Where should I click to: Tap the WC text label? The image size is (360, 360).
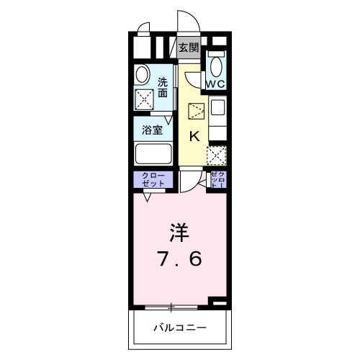click(216, 84)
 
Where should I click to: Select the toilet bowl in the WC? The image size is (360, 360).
click(217, 66)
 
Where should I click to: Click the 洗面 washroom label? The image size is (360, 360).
click(163, 87)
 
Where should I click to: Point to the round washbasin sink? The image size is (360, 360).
click(141, 73)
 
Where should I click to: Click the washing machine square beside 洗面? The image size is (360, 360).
click(143, 99)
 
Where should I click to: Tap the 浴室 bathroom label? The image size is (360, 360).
click(151, 131)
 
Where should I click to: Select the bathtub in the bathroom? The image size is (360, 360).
click(153, 154)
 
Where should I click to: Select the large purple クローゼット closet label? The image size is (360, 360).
click(152, 179)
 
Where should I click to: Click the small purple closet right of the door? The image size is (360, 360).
click(218, 180)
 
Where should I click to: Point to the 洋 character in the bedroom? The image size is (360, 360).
click(179, 232)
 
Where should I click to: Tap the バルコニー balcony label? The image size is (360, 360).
click(179, 328)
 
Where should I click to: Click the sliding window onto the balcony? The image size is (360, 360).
click(171, 307)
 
